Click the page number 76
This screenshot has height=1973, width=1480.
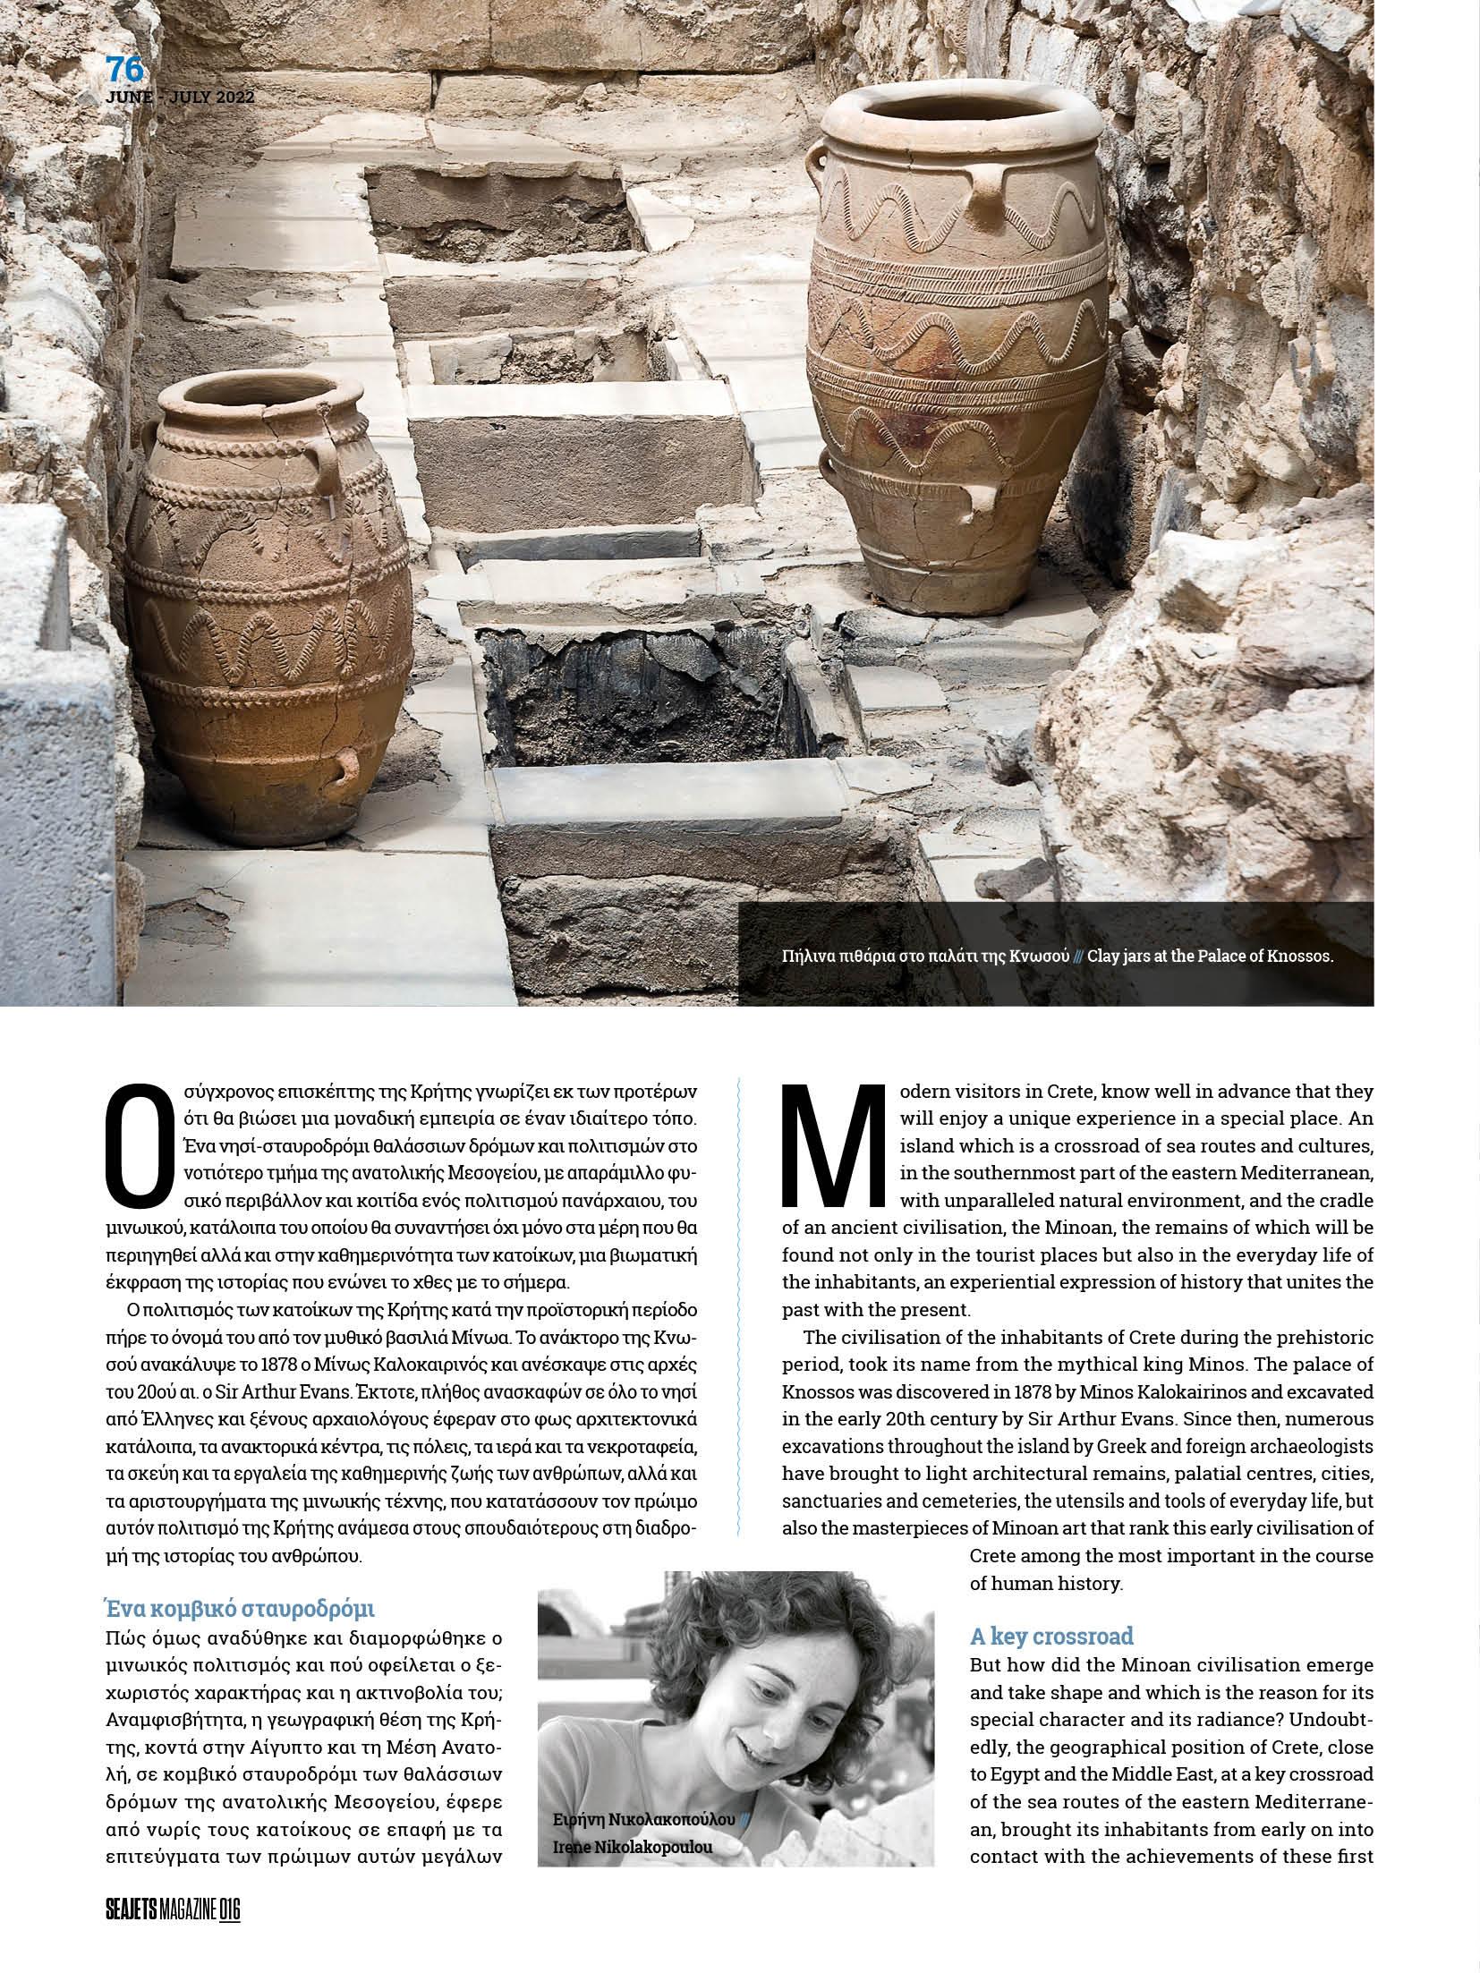(124, 70)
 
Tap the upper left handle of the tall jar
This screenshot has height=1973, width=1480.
(820, 166)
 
